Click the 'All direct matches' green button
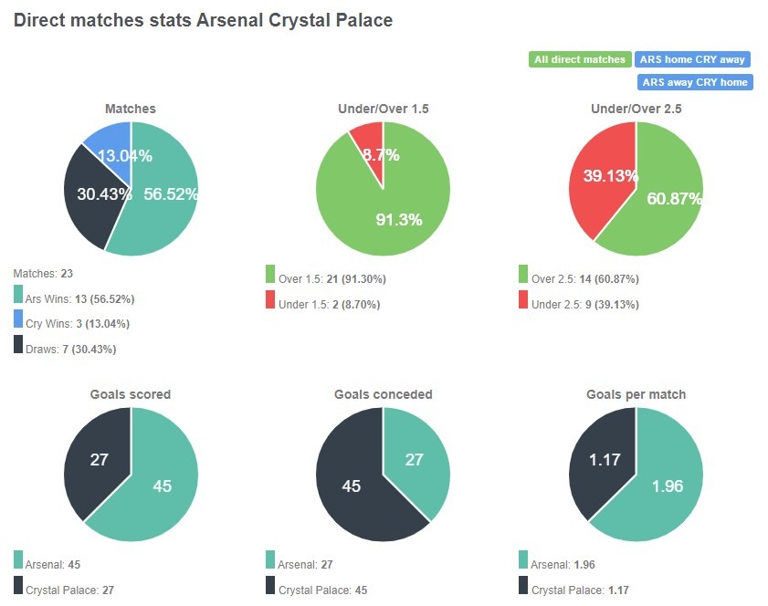(580, 59)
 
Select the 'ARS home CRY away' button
(692, 59)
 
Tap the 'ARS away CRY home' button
(694, 82)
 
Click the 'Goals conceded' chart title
(384, 394)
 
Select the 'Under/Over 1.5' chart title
(383, 109)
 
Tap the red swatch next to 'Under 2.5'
(523, 299)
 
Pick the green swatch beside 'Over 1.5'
(270, 275)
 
